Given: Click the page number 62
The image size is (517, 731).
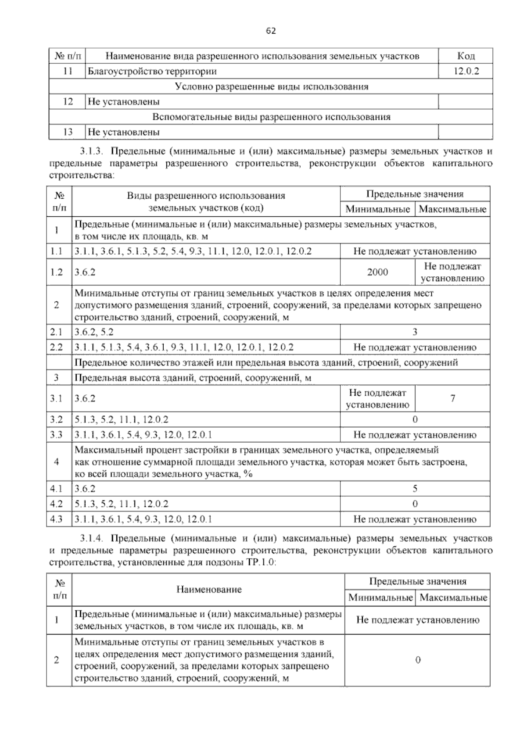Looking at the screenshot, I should click(271, 31).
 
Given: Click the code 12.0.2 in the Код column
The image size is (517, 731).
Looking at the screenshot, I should click(466, 71).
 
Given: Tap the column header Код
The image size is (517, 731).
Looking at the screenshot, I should click(466, 56).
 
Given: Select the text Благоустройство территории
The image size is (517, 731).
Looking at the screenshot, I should click(152, 71).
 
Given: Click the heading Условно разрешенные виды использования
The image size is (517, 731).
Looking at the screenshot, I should click(271, 86).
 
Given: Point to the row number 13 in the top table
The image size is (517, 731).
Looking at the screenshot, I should click(68, 132).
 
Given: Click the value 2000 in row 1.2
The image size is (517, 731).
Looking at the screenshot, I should click(377, 272).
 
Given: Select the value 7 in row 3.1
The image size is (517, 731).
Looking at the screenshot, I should click(452, 398).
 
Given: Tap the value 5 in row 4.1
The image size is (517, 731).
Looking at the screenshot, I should click(415, 488).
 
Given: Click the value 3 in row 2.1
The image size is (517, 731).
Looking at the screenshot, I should click(415, 332).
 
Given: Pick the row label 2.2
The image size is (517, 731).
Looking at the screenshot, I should click(56, 347).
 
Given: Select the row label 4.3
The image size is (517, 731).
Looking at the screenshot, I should click(56, 519).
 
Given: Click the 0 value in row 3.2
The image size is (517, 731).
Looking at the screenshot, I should click(415, 419).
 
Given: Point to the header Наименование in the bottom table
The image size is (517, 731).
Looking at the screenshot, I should click(209, 590).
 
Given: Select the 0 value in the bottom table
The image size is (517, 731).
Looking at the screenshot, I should click(417, 660).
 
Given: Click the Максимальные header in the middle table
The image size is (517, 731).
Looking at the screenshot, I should click(452, 209).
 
